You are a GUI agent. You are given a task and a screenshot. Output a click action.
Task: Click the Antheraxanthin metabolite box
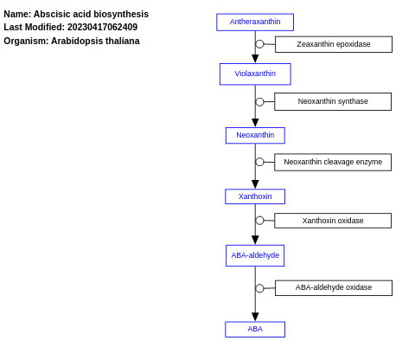click(255, 22)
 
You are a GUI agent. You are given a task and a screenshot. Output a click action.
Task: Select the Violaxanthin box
click(255, 74)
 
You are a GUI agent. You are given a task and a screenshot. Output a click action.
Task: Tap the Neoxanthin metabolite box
click(255, 135)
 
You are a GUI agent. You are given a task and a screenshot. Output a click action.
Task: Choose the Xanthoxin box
click(255, 196)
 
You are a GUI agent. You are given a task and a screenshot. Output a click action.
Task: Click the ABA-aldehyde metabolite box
click(255, 255)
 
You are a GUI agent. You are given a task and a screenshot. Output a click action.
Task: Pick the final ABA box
click(255, 329)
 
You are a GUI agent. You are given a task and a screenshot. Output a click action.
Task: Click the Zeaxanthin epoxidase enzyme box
click(333, 44)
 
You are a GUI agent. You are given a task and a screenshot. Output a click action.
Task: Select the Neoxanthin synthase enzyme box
click(333, 101)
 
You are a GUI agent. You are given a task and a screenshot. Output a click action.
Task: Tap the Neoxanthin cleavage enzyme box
click(333, 162)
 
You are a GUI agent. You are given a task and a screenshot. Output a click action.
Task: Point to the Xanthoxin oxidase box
click(333, 221)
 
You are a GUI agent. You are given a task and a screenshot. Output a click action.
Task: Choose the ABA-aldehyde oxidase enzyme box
click(333, 287)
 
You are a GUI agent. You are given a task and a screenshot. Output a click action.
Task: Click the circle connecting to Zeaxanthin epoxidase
click(259, 44)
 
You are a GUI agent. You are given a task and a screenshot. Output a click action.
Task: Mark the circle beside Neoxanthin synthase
click(259, 102)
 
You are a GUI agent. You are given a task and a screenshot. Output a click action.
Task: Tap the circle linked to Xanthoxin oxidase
click(259, 221)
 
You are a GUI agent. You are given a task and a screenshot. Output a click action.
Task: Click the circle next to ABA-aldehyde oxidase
click(259, 288)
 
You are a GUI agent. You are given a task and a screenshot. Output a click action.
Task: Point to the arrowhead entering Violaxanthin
click(255, 59)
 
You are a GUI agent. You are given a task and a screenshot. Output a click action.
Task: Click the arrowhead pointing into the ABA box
click(255, 317)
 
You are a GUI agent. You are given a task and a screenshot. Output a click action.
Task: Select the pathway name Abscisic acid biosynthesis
click(91, 14)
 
